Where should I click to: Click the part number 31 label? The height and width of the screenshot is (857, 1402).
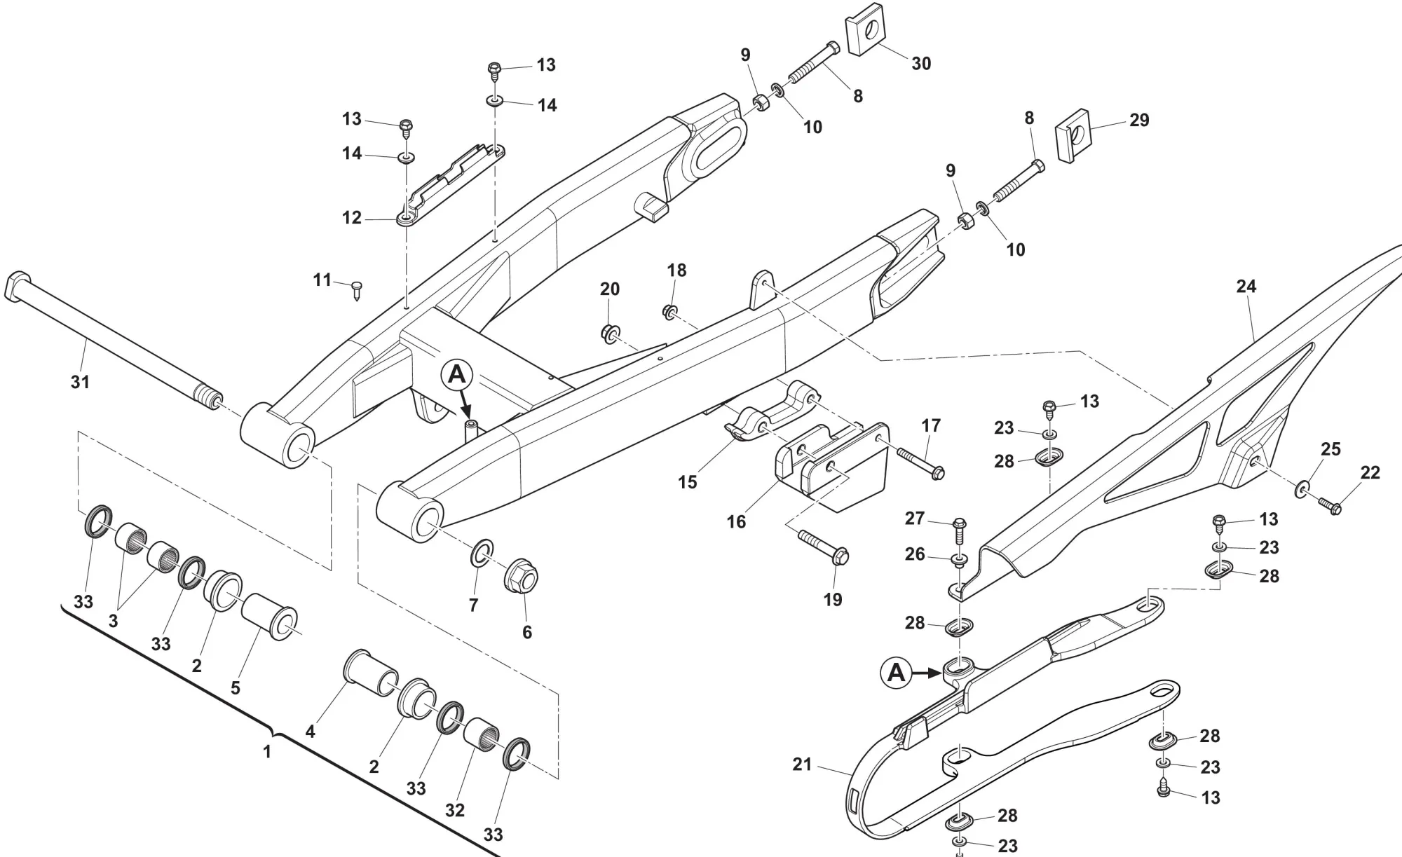81,382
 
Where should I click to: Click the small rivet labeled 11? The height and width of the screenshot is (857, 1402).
358,288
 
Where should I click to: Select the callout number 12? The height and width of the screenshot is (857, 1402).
351,218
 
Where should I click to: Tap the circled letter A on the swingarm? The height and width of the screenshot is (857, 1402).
456,376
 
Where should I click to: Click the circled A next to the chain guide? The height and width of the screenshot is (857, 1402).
897,673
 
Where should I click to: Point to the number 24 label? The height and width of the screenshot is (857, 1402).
1246,286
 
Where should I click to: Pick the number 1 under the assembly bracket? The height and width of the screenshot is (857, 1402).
266,752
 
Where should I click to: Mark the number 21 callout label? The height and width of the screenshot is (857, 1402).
802,765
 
